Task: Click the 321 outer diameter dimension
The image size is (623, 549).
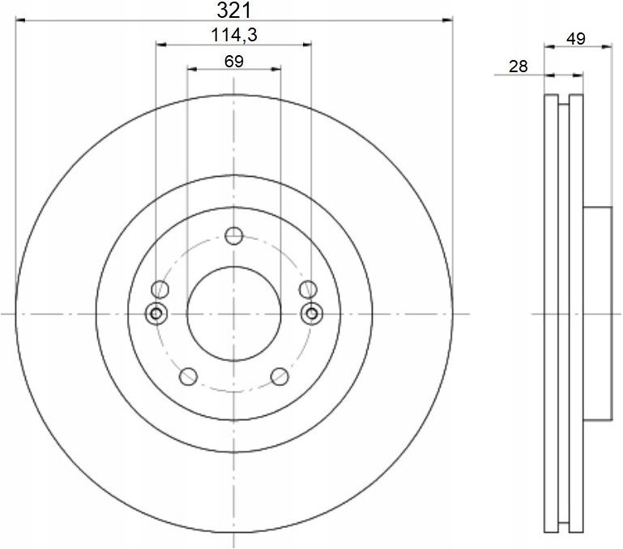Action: click(x=234, y=11)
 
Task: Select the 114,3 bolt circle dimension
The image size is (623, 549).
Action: click(x=234, y=35)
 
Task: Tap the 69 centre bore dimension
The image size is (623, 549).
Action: click(x=234, y=62)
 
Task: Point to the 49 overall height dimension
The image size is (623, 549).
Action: click(x=576, y=39)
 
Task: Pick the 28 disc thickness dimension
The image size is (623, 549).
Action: click(x=518, y=66)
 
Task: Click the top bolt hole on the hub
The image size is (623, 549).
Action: click(x=233, y=235)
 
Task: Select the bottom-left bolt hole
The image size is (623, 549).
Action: click(x=188, y=376)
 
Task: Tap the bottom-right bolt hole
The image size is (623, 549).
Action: click(x=279, y=376)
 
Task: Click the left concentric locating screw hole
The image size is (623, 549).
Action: click(x=156, y=314)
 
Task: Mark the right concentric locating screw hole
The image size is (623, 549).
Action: click(x=312, y=314)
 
